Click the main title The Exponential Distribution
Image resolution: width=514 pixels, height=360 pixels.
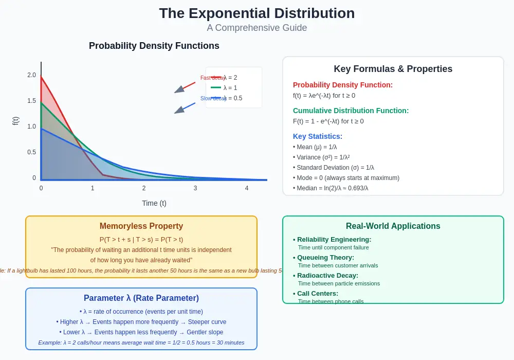point(256,13)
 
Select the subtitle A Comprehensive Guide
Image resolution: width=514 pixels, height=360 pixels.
point(256,28)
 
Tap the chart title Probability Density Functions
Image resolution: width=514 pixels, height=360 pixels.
point(154,46)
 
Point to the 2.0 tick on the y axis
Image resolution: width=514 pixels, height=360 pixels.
point(32,75)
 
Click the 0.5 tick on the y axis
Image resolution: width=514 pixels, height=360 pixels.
point(32,152)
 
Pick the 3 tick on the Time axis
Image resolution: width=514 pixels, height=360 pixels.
point(195,188)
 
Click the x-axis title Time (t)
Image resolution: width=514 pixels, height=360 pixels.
point(154,203)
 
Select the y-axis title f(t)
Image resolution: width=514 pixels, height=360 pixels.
point(15,121)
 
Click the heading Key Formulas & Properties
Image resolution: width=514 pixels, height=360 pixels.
point(393,69)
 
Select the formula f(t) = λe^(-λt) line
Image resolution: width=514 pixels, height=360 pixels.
point(324,96)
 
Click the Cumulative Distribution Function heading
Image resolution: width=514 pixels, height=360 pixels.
point(351,111)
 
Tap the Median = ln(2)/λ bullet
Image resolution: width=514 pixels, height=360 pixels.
point(332,188)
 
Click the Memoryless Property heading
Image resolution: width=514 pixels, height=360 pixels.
point(141,226)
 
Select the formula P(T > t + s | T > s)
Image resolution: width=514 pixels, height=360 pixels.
point(141,240)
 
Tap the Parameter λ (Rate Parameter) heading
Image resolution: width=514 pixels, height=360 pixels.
point(141,298)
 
